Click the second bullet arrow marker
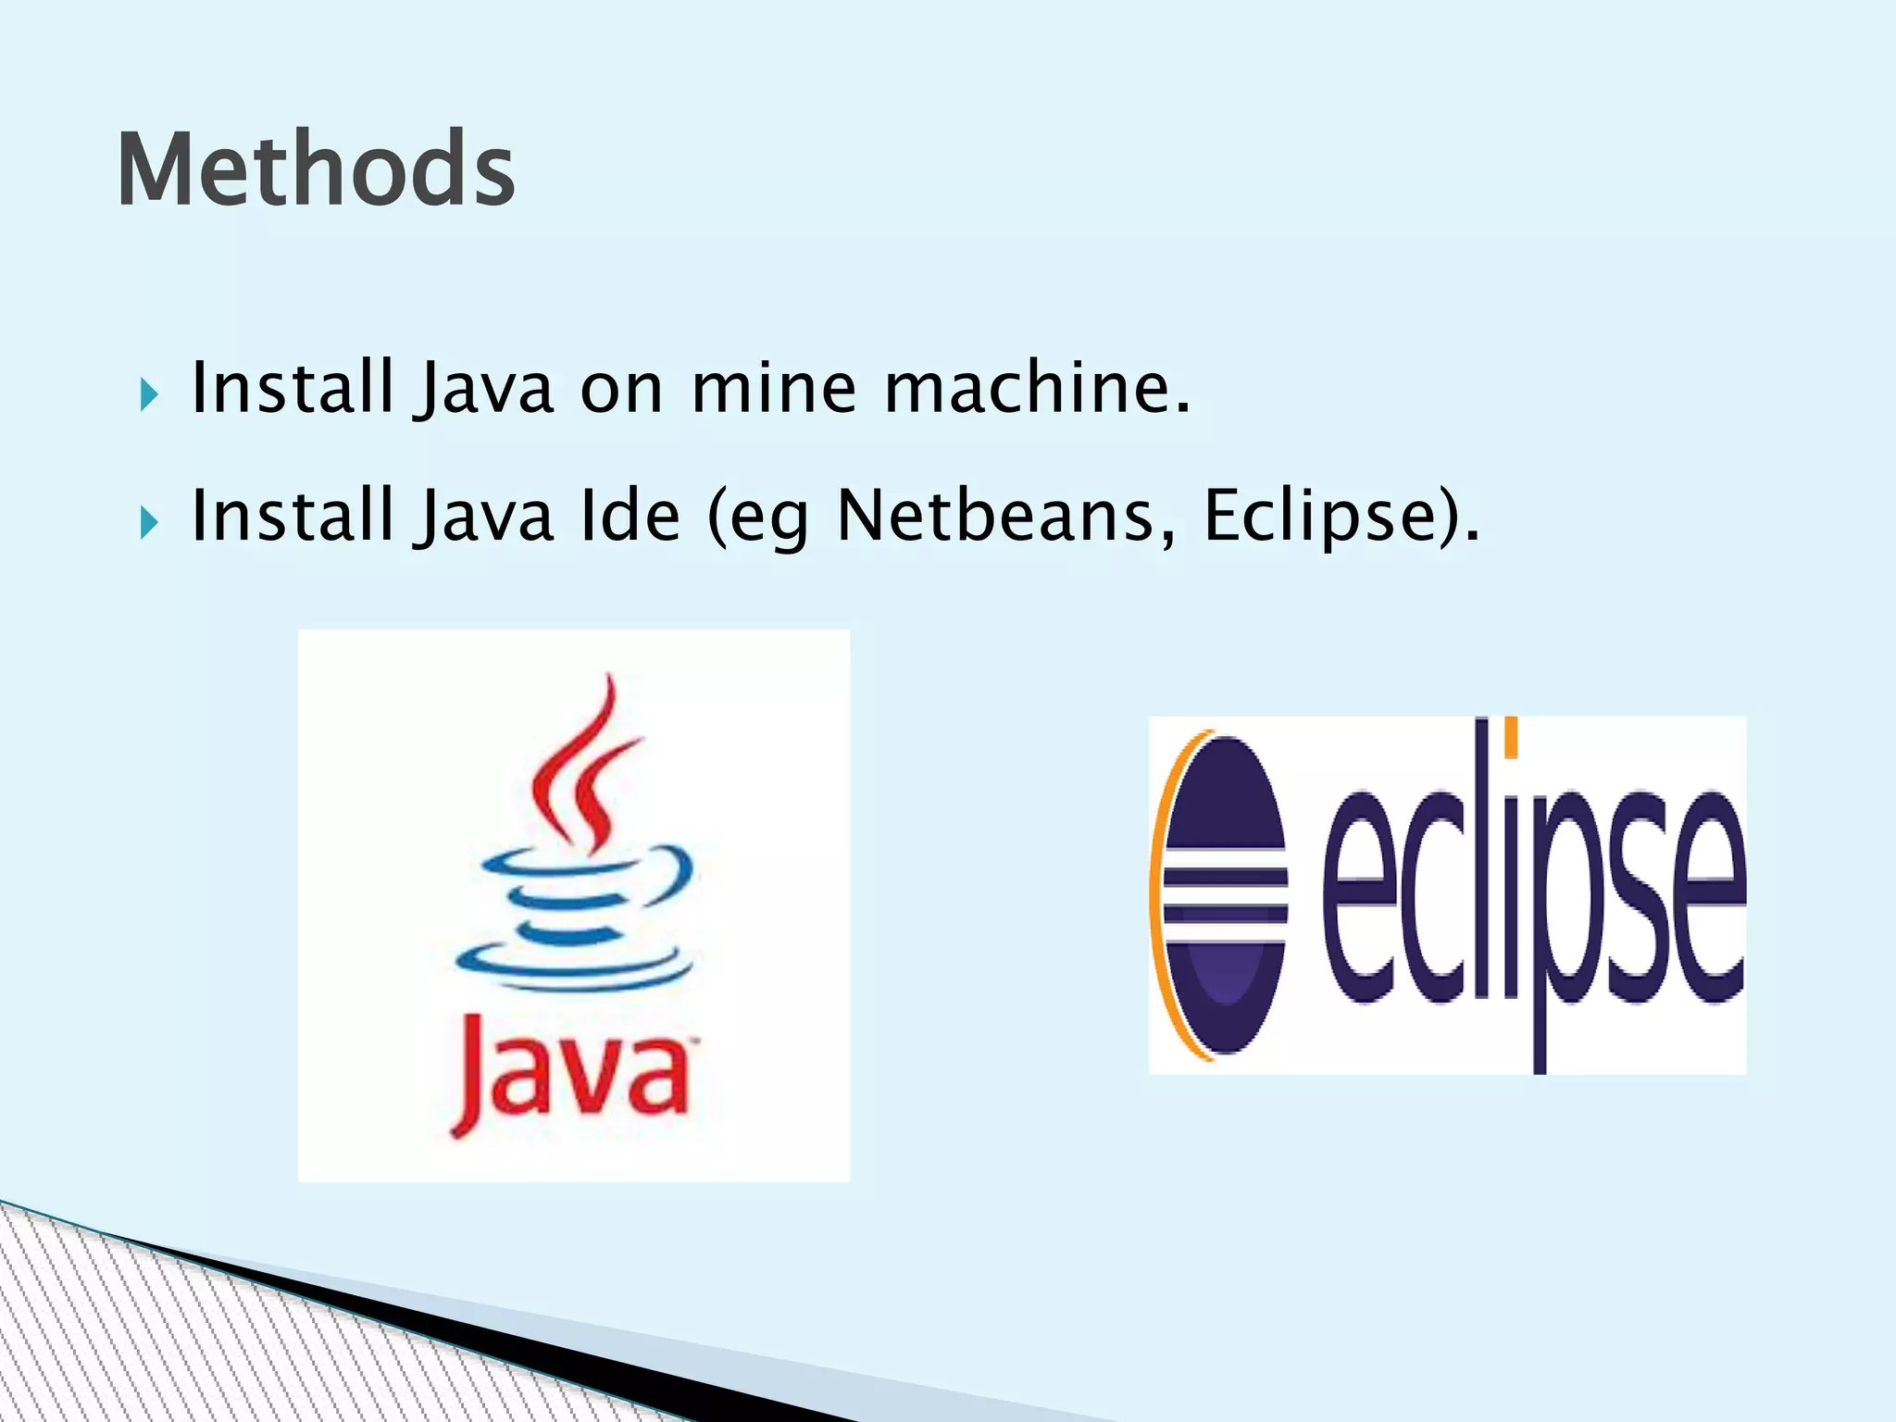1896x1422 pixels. (148, 523)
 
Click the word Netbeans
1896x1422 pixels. (1005, 516)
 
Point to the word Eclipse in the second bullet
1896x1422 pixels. (1324, 516)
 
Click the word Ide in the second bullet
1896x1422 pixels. (630, 516)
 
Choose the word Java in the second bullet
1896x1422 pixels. (485, 516)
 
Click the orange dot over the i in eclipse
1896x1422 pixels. (1510, 736)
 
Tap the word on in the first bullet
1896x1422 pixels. (621, 389)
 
